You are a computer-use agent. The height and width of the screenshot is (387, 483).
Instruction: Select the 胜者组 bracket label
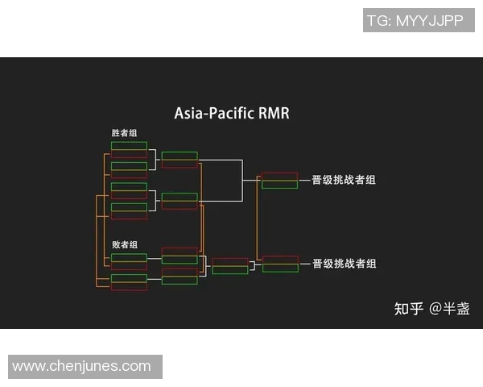coord(125,133)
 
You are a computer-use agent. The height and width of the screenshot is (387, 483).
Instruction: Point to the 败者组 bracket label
coord(125,244)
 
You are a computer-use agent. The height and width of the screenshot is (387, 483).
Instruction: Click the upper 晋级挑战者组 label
coord(344,180)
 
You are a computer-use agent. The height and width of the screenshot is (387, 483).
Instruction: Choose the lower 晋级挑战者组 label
coord(344,264)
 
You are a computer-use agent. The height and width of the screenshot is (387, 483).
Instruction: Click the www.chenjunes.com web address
coord(81,366)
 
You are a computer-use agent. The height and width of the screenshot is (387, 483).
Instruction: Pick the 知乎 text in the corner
coord(408,308)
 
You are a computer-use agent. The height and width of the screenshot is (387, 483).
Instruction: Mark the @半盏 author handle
coord(450,308)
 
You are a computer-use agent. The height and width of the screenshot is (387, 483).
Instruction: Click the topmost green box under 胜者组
coord(129,146)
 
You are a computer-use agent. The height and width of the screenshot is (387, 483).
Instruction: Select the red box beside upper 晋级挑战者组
coord(279,176)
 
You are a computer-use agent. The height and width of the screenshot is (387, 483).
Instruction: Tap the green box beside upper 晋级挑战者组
coord(279,185)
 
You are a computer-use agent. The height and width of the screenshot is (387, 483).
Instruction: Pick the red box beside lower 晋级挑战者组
coord(279,260)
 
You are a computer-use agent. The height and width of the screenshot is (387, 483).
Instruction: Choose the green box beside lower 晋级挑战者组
coord(279,268)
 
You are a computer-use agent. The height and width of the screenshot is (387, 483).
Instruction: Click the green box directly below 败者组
coord(129,257)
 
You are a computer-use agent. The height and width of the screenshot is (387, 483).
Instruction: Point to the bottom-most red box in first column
coord(129,286)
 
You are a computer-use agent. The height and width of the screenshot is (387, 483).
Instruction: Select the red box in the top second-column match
coord(179,164)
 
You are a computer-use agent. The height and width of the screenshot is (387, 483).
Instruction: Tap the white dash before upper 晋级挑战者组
coord(305,180)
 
